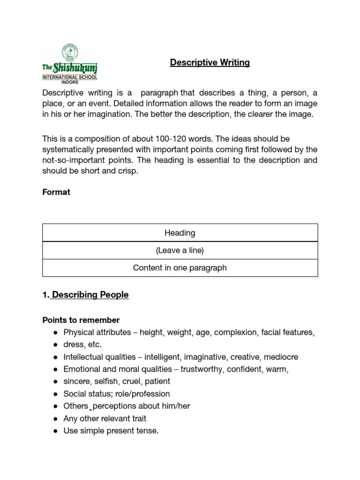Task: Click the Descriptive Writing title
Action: [x=210, y=63]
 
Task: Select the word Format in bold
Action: [x=56, y=192]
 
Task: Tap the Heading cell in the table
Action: [x=180, y=233]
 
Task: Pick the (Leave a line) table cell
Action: [x=180, y=250]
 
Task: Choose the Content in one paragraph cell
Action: [x=180, y=268]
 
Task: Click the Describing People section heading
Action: [x=90, y=295]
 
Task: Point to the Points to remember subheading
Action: [x=81, y=320]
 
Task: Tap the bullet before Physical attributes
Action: [x=55, y=333]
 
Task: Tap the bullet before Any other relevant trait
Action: [x=55, y=419]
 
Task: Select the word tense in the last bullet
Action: [x=148, y=431]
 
